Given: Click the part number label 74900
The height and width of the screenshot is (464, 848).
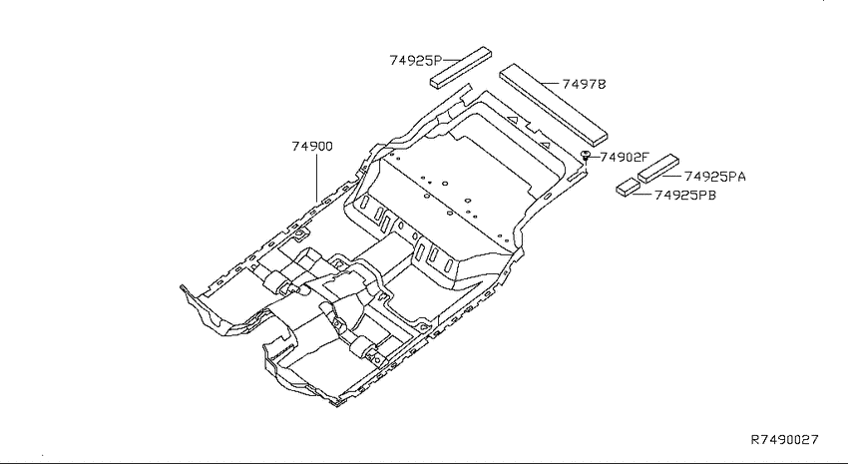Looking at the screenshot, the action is point(312,146).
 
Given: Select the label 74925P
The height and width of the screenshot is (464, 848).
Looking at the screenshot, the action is point(416,60).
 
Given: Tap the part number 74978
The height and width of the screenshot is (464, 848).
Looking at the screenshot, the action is point(584,84).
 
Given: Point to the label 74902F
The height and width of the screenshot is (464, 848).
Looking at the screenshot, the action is point(625,158).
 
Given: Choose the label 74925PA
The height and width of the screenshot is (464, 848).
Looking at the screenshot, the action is point(715,177).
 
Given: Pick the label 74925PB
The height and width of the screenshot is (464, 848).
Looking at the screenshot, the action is point(685,195).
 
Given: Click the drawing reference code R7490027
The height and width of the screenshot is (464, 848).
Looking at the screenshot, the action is point(785,439).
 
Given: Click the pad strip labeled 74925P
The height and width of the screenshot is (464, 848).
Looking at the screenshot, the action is point(461,67).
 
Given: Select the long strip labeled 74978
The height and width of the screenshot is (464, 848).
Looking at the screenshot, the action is point(553,104).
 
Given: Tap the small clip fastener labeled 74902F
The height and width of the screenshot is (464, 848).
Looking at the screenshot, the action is point(586,157).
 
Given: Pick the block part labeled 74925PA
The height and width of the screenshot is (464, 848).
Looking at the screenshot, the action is point(658,168).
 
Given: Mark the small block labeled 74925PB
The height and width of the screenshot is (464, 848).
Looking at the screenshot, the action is point(628,187).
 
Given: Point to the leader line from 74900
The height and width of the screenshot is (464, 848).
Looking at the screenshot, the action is point(316,178).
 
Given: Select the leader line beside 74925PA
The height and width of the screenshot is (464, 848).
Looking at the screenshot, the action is point(672,177).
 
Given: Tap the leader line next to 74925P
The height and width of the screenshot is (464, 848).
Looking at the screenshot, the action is point(452,60).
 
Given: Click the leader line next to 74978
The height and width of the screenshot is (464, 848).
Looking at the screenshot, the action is point(551,84).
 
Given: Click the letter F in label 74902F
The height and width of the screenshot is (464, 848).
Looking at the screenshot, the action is point(644,158).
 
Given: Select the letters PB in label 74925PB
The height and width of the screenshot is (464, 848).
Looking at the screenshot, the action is point(708,195).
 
